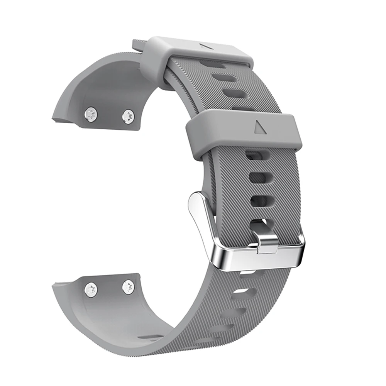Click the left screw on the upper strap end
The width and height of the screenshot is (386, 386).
pos(91,113)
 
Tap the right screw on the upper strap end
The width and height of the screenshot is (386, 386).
pos(128,116)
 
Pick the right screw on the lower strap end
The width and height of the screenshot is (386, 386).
pos(128,287)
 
